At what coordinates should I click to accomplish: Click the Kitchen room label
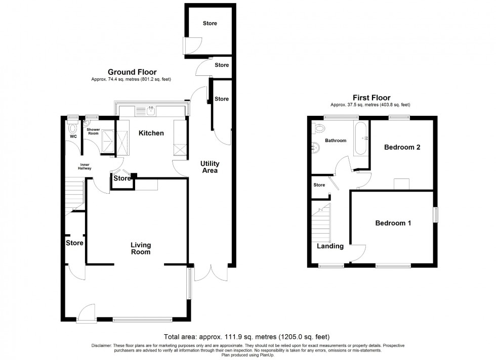coord(152,133)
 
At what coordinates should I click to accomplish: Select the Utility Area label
coord(209,167)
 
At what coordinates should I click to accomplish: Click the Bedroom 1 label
coord(393,223)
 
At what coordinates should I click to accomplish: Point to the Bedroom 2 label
coord(402,148)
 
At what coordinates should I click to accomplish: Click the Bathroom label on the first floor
coord(335,141)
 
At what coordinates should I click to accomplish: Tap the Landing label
coord(330,246)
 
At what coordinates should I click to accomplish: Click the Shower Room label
coord(93,131)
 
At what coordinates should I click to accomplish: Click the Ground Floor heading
coord(132,72)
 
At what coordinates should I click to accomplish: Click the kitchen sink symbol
coord(151,109)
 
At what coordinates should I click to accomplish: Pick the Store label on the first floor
coord(319,185)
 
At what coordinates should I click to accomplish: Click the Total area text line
coord(247,337)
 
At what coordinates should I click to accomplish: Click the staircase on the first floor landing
coord(320,222)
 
